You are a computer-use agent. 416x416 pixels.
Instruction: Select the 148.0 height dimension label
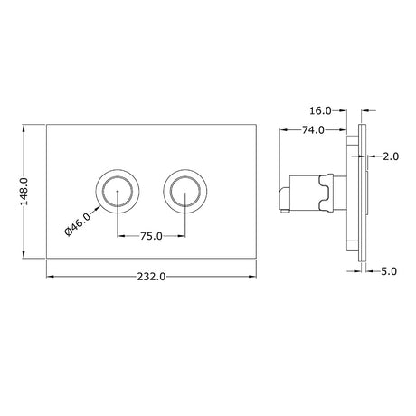point(25,193)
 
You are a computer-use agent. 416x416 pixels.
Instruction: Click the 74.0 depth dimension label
point(311,130)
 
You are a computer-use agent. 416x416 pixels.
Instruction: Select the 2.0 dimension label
point(391,156)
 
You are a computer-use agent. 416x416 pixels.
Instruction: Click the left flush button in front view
point(115,191)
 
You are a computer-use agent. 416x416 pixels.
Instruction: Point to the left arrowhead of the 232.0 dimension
point(48,274)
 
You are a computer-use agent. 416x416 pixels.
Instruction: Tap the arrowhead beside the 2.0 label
point(372,156)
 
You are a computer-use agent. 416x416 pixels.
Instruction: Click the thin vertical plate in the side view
point(364,193)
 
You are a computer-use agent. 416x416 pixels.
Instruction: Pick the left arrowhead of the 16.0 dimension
point(345,110)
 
